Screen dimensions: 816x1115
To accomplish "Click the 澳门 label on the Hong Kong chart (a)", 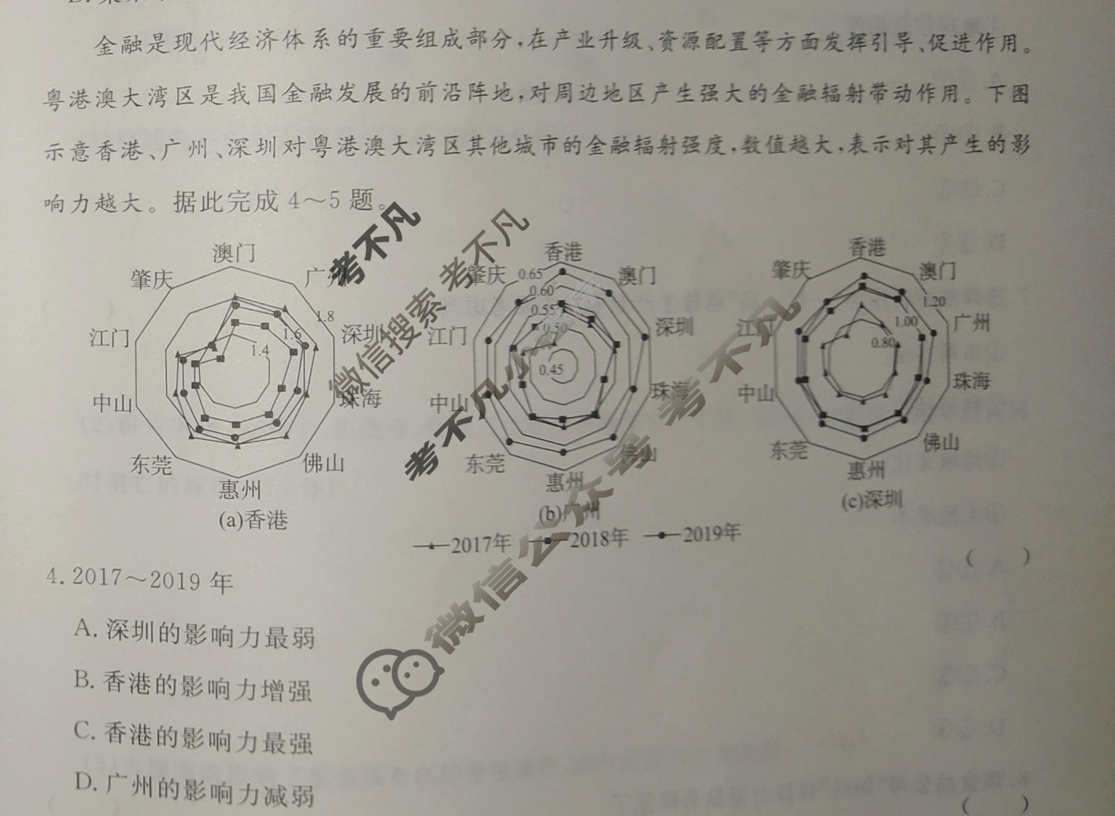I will [234, 253].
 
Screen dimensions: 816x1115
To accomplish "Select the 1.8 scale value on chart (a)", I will [324, 316].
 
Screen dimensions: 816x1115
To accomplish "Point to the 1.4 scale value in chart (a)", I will [260, 351].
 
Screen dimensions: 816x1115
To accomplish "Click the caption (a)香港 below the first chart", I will [253, 520].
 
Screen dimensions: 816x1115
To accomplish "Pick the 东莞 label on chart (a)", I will [152, 465].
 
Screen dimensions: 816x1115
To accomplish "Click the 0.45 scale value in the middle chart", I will [551, 369].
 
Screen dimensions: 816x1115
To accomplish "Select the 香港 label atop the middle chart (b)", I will [563, 252].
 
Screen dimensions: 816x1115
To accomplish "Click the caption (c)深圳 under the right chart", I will [871, 501].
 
